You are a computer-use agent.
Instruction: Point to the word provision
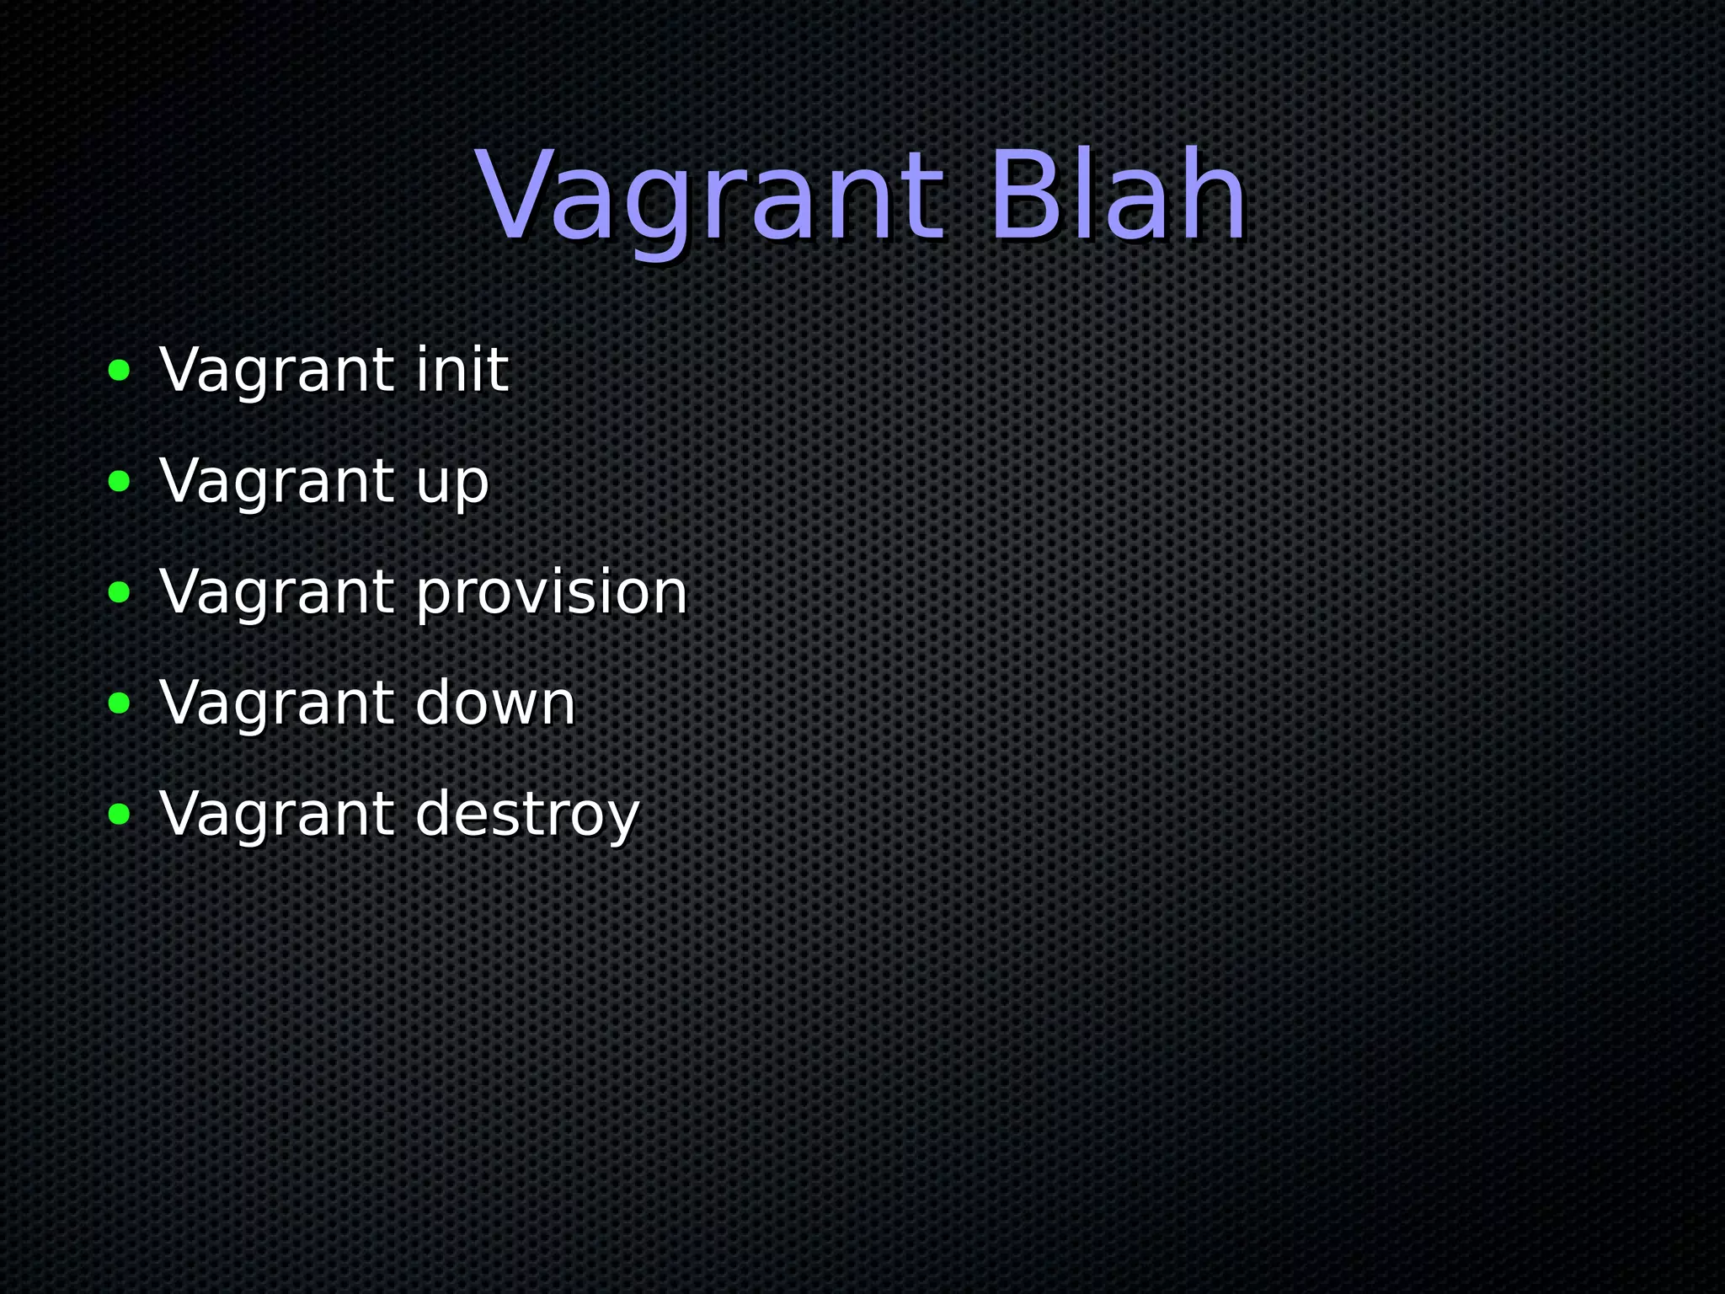click(552, 592)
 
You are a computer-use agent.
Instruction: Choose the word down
click(495, 703)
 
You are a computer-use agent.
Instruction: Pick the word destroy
click(528, 815)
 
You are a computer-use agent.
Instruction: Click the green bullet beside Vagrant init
click(120, 370)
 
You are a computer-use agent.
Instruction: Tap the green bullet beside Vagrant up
click(120, 481)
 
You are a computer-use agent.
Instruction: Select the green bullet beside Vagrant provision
click(120, 592)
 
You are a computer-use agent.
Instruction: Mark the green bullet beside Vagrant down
click(120, 703)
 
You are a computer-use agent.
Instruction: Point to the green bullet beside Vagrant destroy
click(120, 815)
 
